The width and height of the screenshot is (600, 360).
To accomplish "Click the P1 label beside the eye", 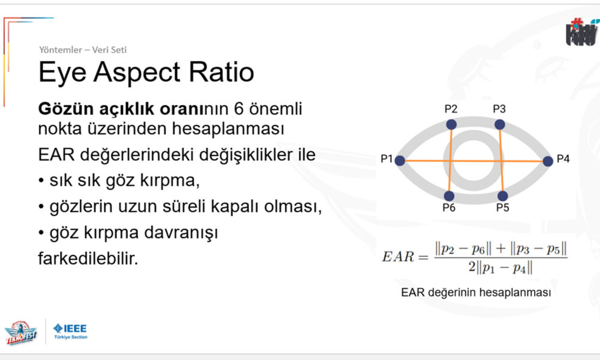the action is (386, 158).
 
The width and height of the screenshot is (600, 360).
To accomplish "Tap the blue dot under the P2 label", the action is (451, 124).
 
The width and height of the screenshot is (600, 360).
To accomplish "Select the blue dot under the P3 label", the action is (499, 124).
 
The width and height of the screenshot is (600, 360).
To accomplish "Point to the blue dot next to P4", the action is (548, 161).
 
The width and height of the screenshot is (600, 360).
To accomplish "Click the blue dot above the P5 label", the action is (502, 196).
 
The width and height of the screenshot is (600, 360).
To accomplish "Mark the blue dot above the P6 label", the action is (449, 196).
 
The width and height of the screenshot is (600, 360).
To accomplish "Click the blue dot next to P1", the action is (400, 161).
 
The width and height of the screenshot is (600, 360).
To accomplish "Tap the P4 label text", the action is (563, 158).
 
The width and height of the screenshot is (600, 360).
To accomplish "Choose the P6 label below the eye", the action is (449, 208).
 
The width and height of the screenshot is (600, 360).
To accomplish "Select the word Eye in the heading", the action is (62, 73).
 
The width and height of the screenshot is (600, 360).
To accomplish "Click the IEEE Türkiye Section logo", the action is (70, 331).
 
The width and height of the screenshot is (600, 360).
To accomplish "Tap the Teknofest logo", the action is (20, 332).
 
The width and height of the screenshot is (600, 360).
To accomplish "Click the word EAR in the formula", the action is (398, 256).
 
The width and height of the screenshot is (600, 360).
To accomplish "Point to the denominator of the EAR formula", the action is (500, 267).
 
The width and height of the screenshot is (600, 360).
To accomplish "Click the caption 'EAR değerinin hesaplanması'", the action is (476, 293).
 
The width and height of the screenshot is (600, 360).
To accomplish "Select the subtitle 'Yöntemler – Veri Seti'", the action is (83, 50).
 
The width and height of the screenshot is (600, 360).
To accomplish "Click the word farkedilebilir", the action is (88, 259).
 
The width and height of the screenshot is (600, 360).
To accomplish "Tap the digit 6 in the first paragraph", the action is (239, 109).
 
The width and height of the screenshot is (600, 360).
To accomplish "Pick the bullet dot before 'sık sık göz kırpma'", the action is (41, 181).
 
